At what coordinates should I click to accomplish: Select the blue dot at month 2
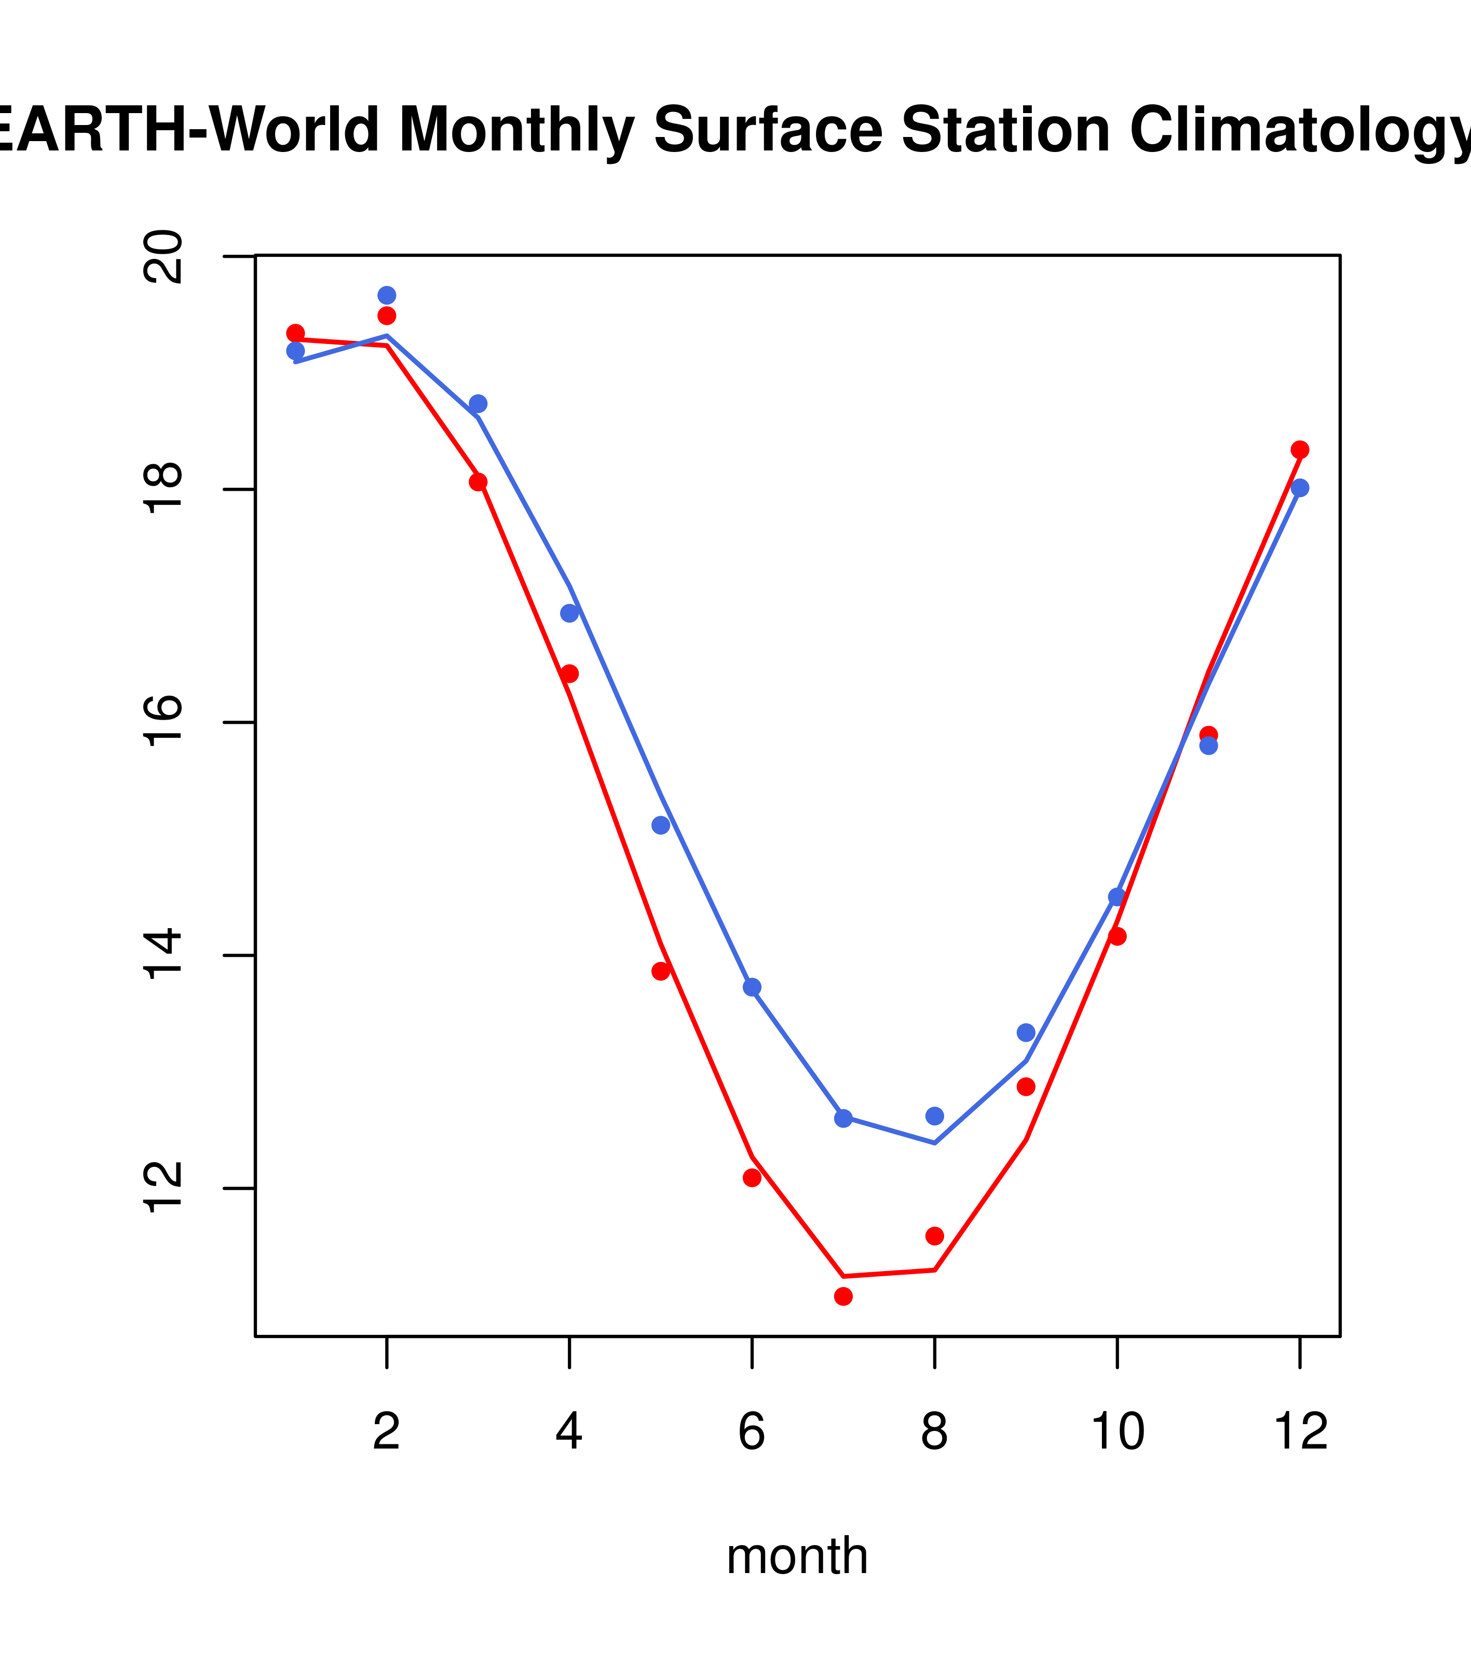[x=387, y=295]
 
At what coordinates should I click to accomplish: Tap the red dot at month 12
[x=1299, y=450]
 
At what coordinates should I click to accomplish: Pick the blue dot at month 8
[x=934, y=1116]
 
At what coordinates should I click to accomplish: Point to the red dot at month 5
[x=661, y=971]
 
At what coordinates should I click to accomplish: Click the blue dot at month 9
[x=1026, y=1032]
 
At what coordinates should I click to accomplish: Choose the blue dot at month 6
[x=752, y=987]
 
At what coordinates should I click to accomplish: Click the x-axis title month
[x=797, y=1556]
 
